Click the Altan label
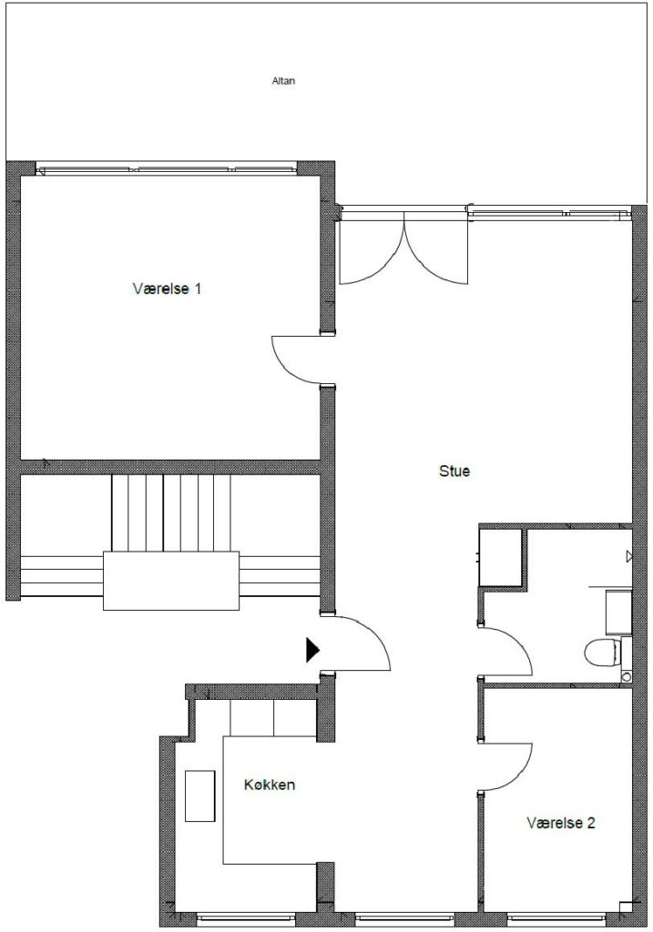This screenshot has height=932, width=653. (x=283, y=81)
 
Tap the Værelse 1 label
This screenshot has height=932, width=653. (x=167, y=289)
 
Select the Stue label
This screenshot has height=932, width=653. (x=454, y=471)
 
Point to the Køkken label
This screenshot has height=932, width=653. (x=270, y=785)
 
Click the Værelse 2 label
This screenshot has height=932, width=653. (x=561, y=823)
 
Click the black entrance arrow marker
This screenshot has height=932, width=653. (x=312, y=650)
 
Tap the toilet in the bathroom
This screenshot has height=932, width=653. (x=602, y=653)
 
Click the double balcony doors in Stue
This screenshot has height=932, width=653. (x=403, y=249)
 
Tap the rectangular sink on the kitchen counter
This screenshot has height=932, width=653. (x=199, y=795)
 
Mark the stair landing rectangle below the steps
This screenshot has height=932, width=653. (x=171, y=581)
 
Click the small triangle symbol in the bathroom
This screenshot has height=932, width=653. (x=628, y=556)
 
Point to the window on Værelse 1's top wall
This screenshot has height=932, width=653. (x=166, y=169)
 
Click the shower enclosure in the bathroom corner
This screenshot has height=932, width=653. (x=501, y=558)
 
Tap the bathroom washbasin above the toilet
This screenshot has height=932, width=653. (x=618, y=613)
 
